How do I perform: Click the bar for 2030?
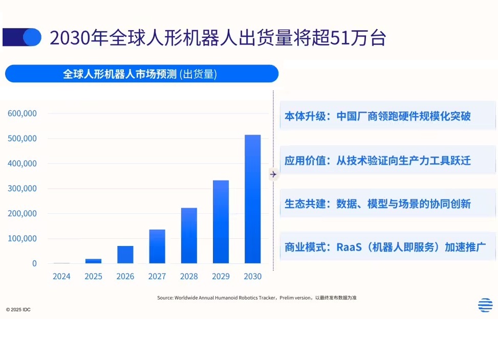(x=252, y=199)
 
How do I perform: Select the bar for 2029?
(x=221, y=222)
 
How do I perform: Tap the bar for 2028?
(x=189, y=236)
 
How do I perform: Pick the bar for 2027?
(x=157, y=246)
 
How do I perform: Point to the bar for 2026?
(x=125, y=255)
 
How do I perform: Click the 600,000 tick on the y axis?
(x=22, y=114)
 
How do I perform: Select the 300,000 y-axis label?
(x=22, y=189)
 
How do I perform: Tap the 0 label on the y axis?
(x=34, y=264)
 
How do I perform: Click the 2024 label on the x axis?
(x=61, y=277)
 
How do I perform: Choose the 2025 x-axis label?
(x=93, y=277)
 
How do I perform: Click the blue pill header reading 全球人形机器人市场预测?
(x=141, y=74)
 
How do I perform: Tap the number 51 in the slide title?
(x=337, y=38)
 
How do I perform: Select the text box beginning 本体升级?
(x=387, y=116)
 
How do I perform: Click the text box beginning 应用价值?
(x=387, y=161)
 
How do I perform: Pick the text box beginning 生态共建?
(x=387, y=204)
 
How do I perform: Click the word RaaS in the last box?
(x=349, y=247)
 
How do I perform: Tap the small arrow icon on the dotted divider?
(x=273, y=174)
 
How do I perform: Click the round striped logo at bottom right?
(x=485, y=305)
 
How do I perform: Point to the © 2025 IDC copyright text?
(x=18, y=309)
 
